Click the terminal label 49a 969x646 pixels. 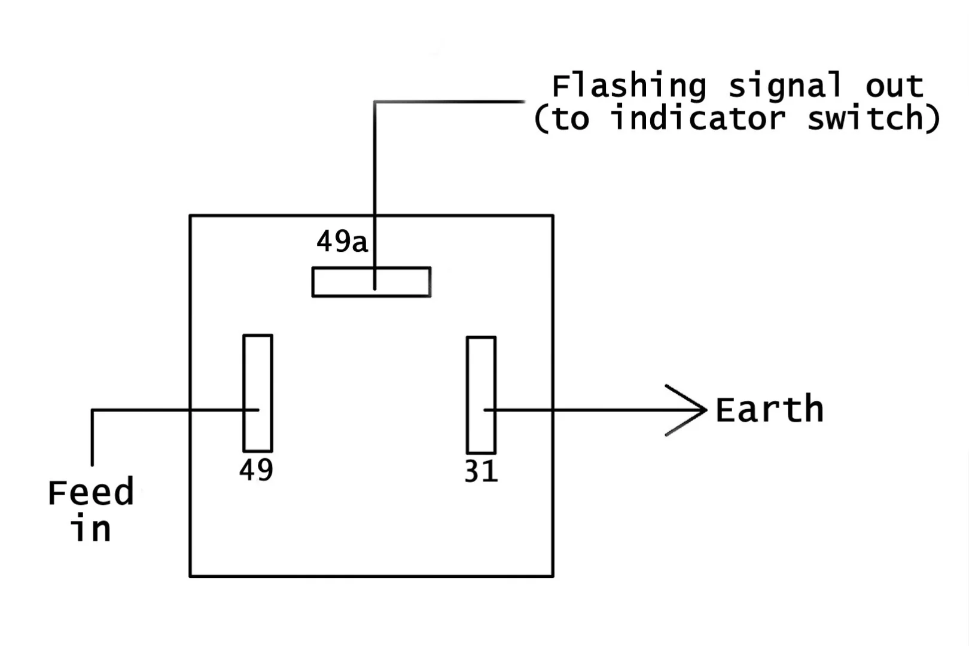click(342, 242)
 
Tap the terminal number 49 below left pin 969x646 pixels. click(256, 470)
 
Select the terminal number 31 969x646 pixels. click(480, 472)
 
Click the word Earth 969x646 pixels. click(769, 410)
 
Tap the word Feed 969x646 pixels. click(90, 493)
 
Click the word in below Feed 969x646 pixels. click(91, 529)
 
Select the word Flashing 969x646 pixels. click(628, 86)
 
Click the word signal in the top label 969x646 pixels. click(785, 86)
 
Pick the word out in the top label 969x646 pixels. click(894, 86)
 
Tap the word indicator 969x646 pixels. click(697, 118)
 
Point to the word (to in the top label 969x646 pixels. click(561, 118)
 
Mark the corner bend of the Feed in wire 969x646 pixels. click(92, 410)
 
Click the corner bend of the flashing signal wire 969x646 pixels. click(375, 102)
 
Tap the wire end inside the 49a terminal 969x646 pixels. click(375, 288)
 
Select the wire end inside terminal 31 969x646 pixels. click(485, 410)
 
